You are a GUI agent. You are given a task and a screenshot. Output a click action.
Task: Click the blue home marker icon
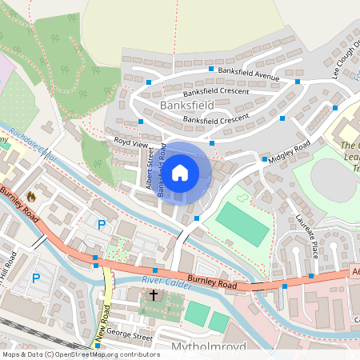pyautogui.click(x=180, y=172)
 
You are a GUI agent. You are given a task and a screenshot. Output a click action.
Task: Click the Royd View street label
pyautogui.click(x=132, y=143)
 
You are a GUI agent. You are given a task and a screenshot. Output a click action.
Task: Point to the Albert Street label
pyautogui.click(x=150, y=167)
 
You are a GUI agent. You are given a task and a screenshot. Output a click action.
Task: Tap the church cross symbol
pyautogui.click(x=154, y=295)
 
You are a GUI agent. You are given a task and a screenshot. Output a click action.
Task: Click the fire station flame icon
pyautogui.click(x=31, y=196)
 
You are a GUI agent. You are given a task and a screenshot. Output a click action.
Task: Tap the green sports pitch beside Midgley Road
pyautogui.click(x=242, y=224)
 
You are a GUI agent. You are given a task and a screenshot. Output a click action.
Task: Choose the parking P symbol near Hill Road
pyautogui.click(x=35, y=278)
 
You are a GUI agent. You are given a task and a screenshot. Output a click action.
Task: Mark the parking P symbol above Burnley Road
pyautogui.click(x=101, y=226)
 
